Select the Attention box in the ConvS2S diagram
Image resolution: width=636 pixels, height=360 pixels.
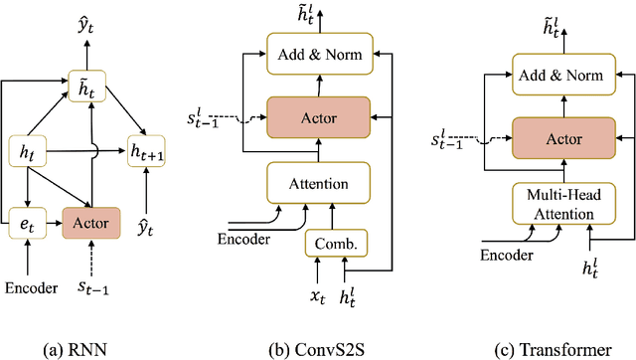(317, 184)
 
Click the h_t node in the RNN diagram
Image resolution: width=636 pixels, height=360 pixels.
(27, 152)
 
